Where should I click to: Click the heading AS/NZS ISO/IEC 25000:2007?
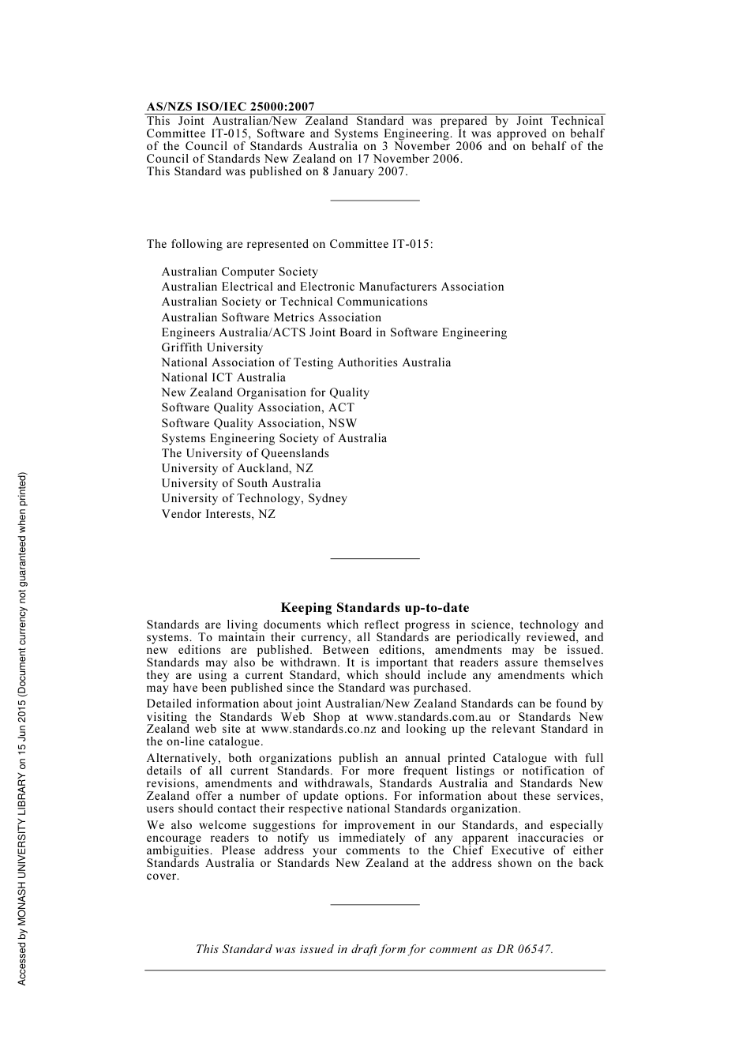(231, 107)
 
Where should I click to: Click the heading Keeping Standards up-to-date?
(375, 608)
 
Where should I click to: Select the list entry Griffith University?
(212, 347)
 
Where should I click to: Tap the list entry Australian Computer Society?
(240, 272)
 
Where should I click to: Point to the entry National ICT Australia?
(223, 377)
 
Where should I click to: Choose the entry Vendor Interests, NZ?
(219, 514)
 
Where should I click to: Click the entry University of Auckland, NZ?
(238, 468)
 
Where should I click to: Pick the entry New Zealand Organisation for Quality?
(265, 392)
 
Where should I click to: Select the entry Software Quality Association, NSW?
(259, 423)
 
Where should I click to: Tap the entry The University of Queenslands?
(246, 453)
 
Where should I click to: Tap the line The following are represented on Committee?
(290, 244)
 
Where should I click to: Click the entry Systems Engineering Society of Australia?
(274, 438)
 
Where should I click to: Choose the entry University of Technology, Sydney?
(254, 498)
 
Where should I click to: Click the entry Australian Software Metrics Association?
(272, 317)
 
